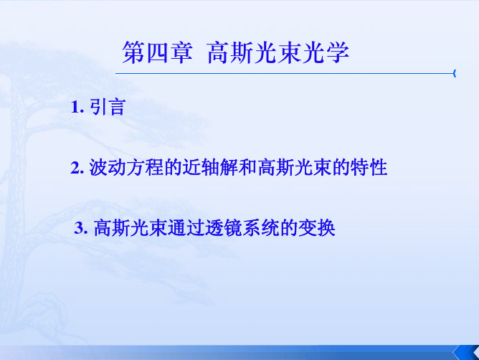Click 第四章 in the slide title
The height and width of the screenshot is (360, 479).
157,53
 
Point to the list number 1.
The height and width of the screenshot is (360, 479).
77,108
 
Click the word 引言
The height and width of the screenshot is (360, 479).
108,108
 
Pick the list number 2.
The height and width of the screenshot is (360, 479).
77,168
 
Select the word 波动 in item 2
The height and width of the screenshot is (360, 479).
108,168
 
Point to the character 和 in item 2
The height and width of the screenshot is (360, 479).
247,168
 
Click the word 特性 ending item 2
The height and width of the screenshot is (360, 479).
369,168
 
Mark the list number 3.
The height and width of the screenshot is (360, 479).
81,228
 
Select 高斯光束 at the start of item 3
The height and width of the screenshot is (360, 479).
131,228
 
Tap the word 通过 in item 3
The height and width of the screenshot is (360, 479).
186,228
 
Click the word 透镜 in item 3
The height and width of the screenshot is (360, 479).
224,228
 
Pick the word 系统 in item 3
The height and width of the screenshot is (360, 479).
261,228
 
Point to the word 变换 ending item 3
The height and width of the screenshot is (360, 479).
317,228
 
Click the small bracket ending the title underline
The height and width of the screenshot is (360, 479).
455,73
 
